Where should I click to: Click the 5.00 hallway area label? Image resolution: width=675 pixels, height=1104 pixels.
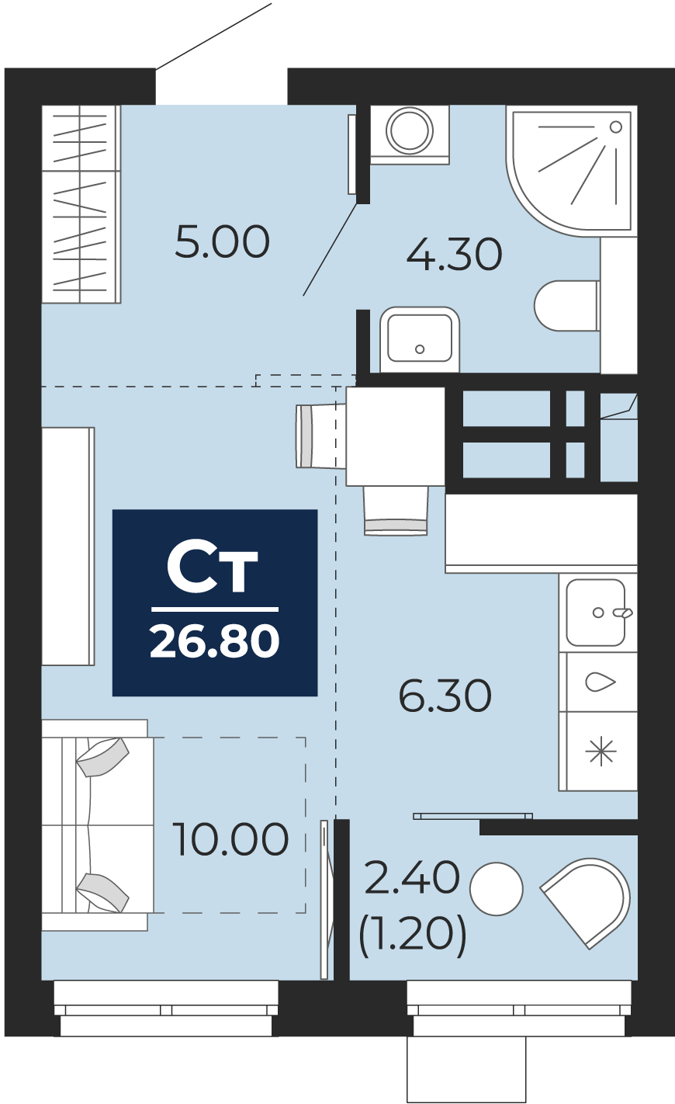(x=222, y=242)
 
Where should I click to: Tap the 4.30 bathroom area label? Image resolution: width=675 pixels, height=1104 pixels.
(x=455, y=255)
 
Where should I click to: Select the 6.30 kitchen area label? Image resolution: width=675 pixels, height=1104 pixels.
(x=445, y=696)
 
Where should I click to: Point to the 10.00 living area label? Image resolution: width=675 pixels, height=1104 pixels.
(x=230, y=838)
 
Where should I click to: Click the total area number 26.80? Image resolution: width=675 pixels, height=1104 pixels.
(x=215, y=641)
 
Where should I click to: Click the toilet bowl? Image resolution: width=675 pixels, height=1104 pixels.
(x=567, y=306)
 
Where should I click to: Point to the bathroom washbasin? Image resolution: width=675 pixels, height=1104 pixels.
(x=419, y=339)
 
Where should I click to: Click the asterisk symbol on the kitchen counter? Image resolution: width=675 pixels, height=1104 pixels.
(x=601, y=752)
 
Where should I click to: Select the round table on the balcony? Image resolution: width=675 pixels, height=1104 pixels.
(x=496, y=889)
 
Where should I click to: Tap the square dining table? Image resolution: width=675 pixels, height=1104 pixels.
(x=395, y=436)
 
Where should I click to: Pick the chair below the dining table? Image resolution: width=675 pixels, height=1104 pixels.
(x=396, y=511)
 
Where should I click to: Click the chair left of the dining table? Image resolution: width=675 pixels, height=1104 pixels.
(x=320, y=436)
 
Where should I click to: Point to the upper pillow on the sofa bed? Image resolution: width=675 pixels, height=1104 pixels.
(x=102, y=757)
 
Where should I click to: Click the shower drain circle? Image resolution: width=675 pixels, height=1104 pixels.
(x=616, y=127)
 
